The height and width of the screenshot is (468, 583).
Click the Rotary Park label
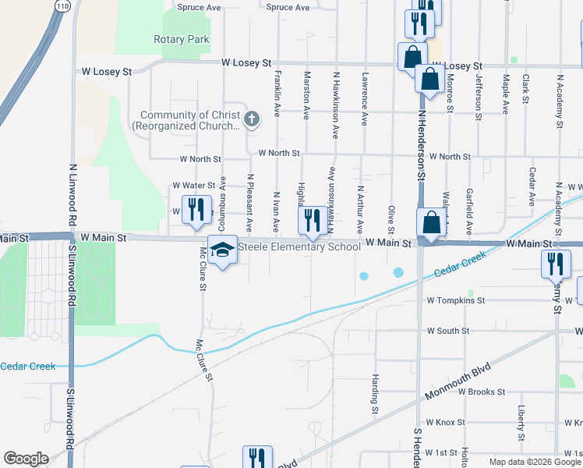click(x=181, y=39)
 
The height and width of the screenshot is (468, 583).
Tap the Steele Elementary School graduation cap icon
click(x=222, y=251)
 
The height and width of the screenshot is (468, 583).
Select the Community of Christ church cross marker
click(x=251, y=119)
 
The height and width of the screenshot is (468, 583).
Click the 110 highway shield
click(x=62, y=5)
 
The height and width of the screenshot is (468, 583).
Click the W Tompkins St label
click(x=456, y=300)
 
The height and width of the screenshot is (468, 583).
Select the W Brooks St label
click(x=482, y=392)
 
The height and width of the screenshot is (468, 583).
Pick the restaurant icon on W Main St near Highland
click(x=313, y=220)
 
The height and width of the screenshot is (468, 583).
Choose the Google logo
click(x=26, y=459)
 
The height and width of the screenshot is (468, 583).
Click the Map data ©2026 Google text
click(x=535, y=462)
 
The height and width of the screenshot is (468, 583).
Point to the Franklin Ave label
click(x=277, y=94)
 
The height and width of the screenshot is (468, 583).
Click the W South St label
click(x=448, y=331)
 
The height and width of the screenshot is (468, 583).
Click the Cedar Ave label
click(x=532, y=186)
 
